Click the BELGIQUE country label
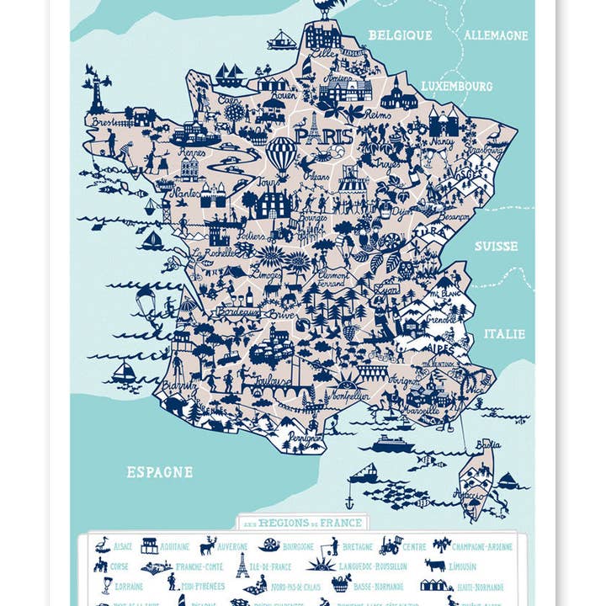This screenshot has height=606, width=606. tap(400, 35)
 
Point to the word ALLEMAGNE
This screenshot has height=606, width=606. tap(496, 35)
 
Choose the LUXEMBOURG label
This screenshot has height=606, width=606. tap(456, 86)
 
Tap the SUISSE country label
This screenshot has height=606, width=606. tap(496, 246)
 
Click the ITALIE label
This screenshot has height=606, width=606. tap(504, 333)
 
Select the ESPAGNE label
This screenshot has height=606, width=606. tap(159, 472)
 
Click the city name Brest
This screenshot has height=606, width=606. tap(102, 121)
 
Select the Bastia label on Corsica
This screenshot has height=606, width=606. tap(488, 444)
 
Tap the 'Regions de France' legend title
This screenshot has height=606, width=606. tap(302, 523)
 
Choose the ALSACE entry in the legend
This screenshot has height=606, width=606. tap(122, 546)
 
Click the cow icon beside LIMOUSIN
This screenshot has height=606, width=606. tap(434, 566)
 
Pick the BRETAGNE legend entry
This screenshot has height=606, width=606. tap(357, 546)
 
